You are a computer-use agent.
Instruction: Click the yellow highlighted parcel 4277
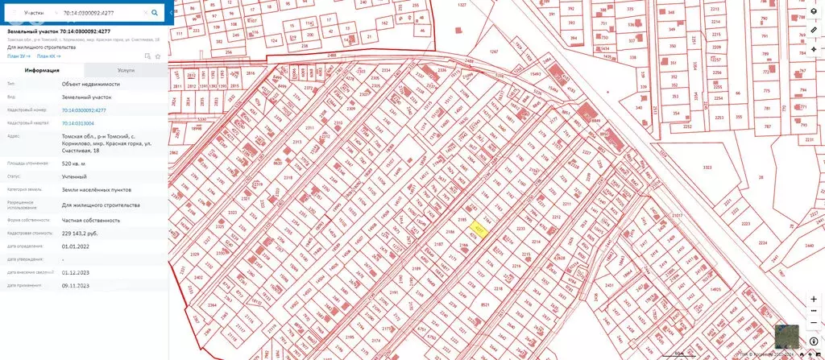[x=479, y=230]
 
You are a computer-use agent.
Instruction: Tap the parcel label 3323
[x=707, y=167]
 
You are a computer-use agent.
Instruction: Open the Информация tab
[x=42, y=71]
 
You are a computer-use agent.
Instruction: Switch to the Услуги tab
[x=126, y=71]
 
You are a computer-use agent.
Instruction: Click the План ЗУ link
[x=19, y=56]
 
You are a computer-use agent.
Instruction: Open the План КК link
[x=49, y=56]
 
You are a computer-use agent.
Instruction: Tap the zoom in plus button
[x=814, y=299]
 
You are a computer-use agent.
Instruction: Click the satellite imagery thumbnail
[x=787, y=337]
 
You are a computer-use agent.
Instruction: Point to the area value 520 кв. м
[x=75, y=163]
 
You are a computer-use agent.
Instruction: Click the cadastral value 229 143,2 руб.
[x=85, y=233]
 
